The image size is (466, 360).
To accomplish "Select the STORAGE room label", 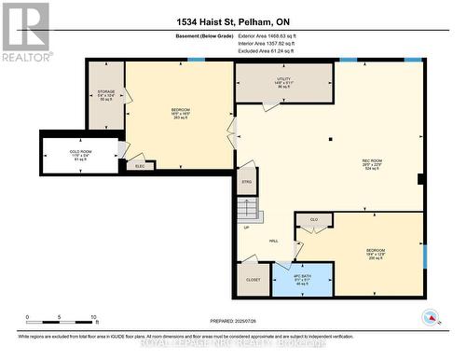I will pos(106,94).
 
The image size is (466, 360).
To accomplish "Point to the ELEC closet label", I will pos(140,166).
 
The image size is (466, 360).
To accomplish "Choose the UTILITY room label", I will pos(283,83).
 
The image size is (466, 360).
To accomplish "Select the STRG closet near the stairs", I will pos(247,182).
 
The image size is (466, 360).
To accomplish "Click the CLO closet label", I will pos(314,220).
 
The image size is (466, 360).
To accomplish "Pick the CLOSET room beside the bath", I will pos(254,279).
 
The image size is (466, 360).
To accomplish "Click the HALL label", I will pos(273,241).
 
